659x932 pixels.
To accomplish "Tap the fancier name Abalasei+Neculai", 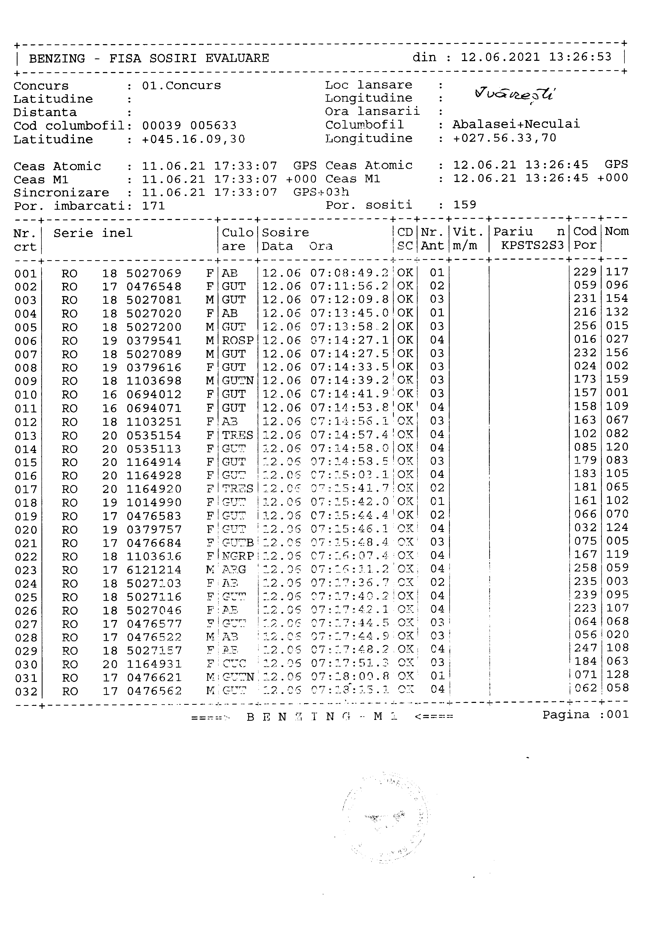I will pos(516,124).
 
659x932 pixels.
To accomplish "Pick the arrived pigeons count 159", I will pos(465,205).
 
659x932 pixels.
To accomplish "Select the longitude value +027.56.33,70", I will pos(504,138).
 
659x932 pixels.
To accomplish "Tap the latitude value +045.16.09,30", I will pos(193,139).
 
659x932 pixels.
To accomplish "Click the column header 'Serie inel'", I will pos(93,233).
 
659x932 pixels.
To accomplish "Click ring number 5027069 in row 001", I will pos(154,273).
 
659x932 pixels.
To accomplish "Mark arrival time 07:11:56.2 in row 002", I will pos(349,286).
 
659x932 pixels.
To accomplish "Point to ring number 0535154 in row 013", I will pos(154,436).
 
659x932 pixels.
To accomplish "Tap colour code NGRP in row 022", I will pos(238,556).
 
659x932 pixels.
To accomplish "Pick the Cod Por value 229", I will pos(585,272).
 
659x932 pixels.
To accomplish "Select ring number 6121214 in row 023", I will pos(154,570).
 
